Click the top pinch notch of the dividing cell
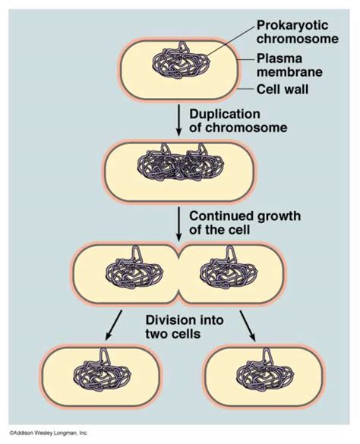[x=179, y=250]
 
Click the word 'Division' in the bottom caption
[x=167, y=320]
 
